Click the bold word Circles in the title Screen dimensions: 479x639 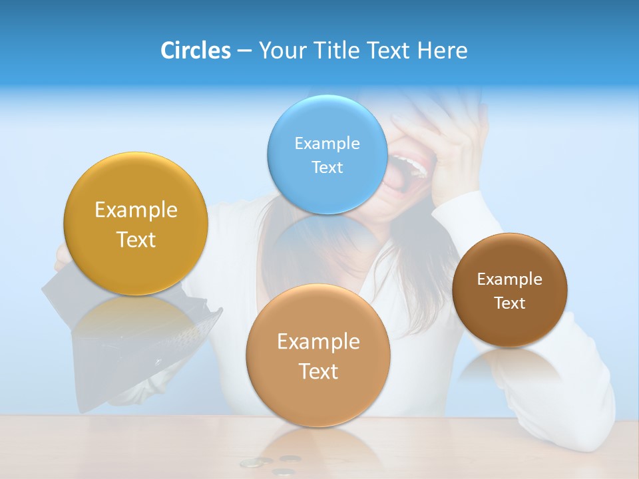(x=195, y=51)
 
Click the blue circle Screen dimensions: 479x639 (x=327, y=154)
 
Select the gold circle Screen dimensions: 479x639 (x=136, y=224)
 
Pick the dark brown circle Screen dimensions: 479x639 (x=510, y=290)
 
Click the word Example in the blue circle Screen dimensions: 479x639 (x=327, y=143)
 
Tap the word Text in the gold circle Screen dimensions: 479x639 (x=136, y=239)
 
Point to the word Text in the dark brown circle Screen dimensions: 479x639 (x=510, y=303)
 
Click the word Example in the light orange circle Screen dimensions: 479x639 (x=318, y=341)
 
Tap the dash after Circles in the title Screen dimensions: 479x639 (x=244, y=51)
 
